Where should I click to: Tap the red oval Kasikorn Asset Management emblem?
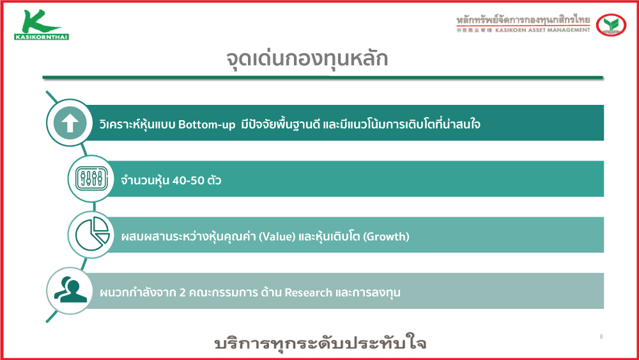coord(611,25)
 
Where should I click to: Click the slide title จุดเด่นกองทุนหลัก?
coord(307,59)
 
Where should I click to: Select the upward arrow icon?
coord(70,123)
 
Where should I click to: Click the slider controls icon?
coord(91,178)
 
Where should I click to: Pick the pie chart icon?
coord(92,234)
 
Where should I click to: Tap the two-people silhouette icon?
coord(70,290)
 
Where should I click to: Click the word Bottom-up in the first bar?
coord(206,124)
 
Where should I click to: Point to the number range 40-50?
coord(189,180)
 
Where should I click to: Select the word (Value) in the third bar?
coord(277,237)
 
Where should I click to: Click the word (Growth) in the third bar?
coord(386,237)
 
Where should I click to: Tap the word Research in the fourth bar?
coord(308,292)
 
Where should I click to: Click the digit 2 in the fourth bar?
coord(183,292)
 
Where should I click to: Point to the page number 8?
coord(601,336)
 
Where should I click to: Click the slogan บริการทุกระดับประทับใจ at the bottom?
coord(320,343)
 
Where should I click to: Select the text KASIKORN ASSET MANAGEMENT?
coord(543,30)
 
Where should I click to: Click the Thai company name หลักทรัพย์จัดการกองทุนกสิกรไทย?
coord(523,19)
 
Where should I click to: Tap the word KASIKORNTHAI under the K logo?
coord(42,37)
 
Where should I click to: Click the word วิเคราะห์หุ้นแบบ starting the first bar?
coord(137,124)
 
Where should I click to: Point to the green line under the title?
coord(323,77)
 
